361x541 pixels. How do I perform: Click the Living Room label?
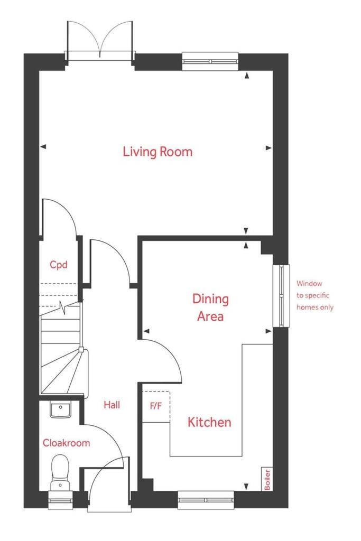158,152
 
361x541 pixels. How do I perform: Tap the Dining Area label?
210,307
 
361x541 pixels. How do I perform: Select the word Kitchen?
209,422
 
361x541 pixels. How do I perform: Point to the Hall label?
112,405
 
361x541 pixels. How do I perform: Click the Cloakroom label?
66,443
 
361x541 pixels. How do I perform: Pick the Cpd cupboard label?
58,265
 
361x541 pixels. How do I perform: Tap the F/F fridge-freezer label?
155,406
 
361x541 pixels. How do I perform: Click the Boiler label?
267,479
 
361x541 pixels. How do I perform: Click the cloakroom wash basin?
60,409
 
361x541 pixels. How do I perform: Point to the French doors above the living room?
100,41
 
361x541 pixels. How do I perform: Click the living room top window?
210,61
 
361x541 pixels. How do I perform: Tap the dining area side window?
281,296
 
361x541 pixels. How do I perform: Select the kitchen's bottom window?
206,500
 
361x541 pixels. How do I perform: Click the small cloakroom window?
60,500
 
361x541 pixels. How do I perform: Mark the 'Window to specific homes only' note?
315,295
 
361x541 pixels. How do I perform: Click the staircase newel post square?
81,349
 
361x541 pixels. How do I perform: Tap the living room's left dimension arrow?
43,147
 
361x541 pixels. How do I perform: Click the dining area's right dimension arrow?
268,331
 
